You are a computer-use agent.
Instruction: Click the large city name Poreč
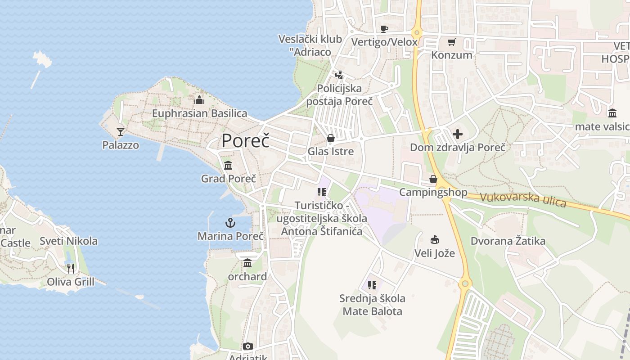[x=246, y=141]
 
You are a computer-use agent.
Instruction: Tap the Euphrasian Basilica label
[x=199, y=113]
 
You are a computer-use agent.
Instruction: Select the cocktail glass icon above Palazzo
[x=120, y=131]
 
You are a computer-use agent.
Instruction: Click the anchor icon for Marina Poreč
[x=230, y=223]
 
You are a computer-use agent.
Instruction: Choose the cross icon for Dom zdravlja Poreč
[x=458, y=134]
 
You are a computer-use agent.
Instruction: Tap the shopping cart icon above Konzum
[x=451, y=42]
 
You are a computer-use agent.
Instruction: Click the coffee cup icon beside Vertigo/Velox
[x=384, y=29]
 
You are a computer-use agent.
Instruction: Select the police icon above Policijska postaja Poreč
[x=339, y=75]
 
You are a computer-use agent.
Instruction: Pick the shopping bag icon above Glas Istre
[x=331, y=138]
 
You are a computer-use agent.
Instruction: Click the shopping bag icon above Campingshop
[x=433, y=180]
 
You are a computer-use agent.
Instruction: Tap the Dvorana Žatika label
[x=508, y=241]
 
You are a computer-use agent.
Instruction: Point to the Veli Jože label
[x=434, y=253]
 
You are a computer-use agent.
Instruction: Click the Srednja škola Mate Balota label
[x=372, y=305]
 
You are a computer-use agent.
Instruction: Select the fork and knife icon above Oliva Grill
[x=71, y=269]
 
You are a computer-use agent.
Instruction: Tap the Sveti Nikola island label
[x=68, y=241]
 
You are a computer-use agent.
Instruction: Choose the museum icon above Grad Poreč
[x=228, y=165]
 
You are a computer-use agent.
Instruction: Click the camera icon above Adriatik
[x=248, y=346]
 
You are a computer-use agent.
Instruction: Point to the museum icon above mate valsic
[x=612, y=113]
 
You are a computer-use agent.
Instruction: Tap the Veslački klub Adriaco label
[x=310, y=45]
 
